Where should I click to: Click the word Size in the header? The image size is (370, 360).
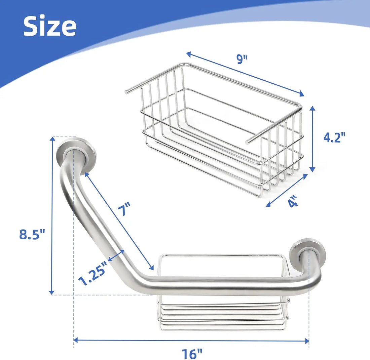(x=50, y=26)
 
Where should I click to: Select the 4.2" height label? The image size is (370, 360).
(x=334, y=137)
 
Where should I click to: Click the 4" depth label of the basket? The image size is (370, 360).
(x=293, y=201)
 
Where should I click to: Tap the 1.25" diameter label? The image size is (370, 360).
(x=92, y=274)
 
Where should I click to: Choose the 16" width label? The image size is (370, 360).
(x=192, y=354)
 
